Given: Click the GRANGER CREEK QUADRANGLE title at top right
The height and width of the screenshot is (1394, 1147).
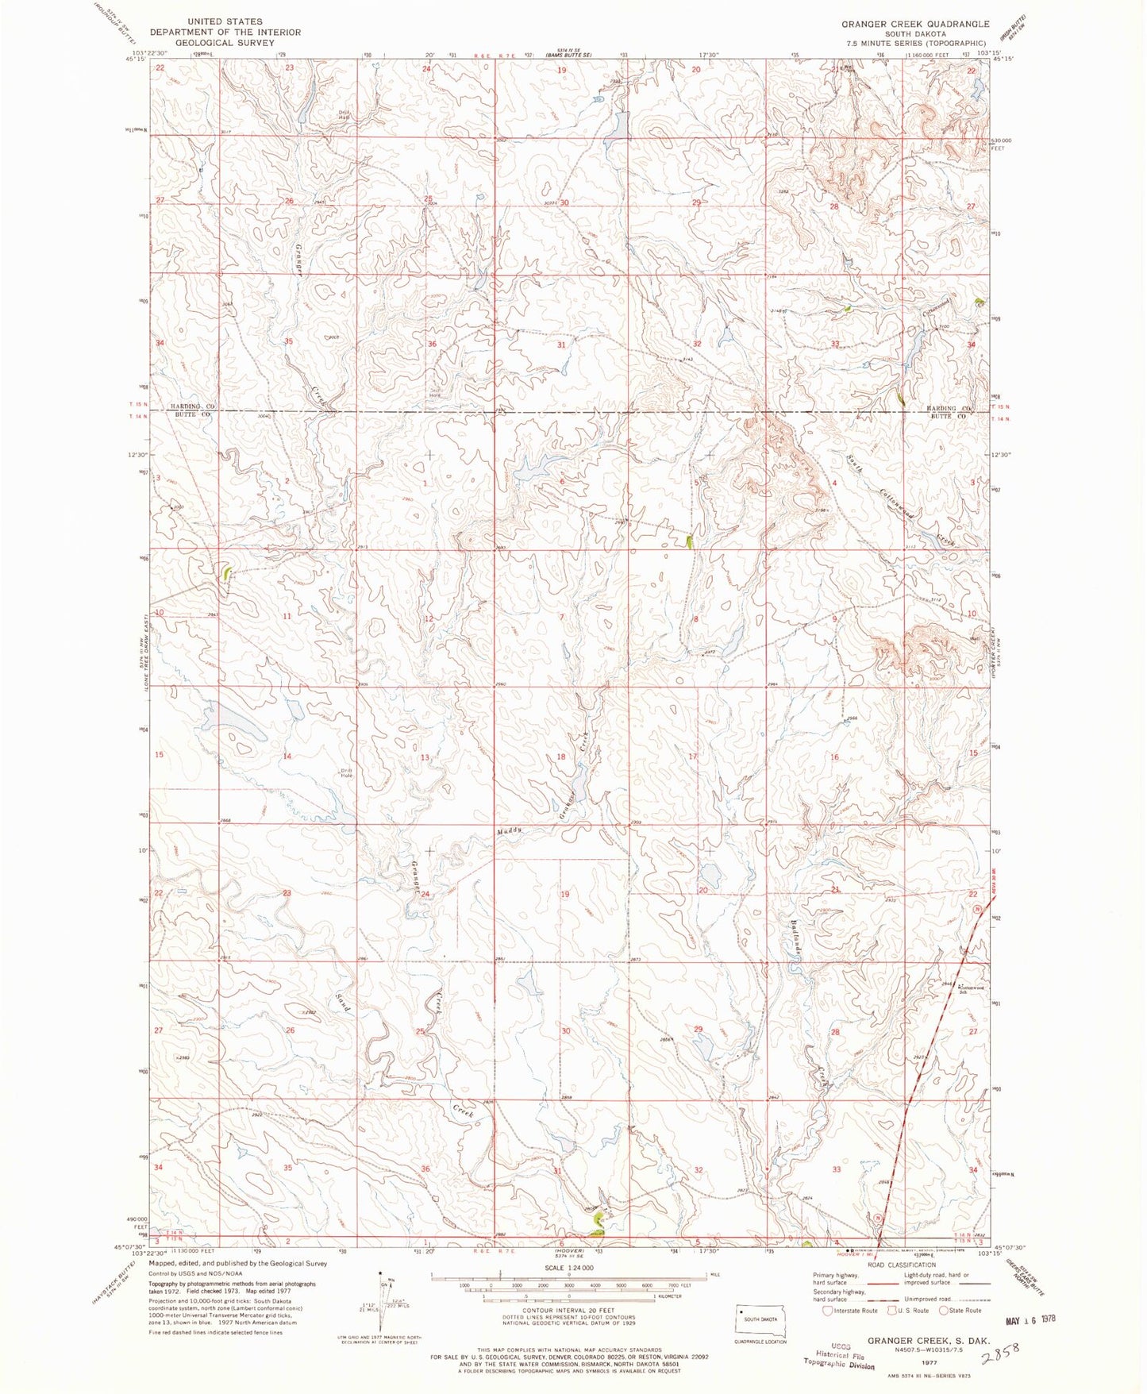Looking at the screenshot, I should (915, 25).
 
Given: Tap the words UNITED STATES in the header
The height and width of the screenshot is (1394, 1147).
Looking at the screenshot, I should (225, 21).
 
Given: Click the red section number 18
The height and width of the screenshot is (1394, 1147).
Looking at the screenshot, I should (561, 757).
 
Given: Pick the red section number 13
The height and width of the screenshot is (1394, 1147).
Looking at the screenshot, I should (425, 757).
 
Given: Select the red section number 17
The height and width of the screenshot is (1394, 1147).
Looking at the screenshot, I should (692, 757).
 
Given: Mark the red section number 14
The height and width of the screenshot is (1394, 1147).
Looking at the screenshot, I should (287, 757).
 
